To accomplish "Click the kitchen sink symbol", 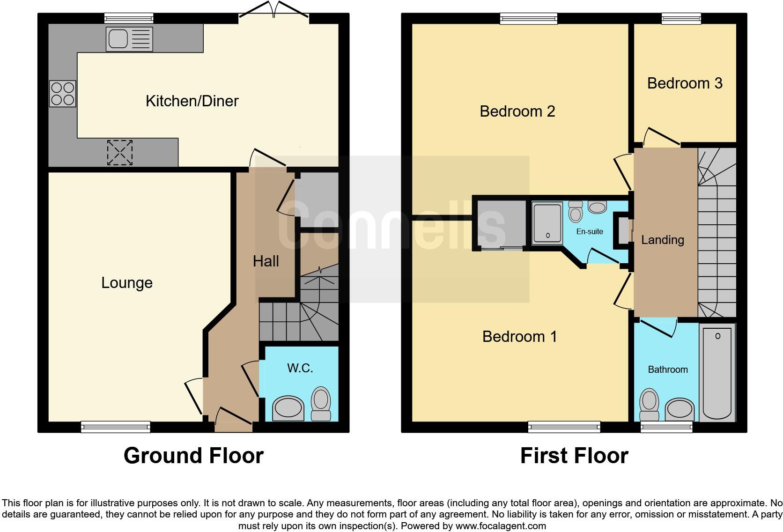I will tap(129, 38).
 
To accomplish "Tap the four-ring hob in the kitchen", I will tap(63, 94).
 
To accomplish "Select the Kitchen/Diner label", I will tap(192, 101).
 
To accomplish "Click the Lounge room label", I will tap(127, 283).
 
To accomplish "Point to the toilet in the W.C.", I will tap(321, 403).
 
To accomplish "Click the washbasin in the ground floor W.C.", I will tap(288, 407).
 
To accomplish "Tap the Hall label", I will tap(266, 261).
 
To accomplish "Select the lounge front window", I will tap(116, 427).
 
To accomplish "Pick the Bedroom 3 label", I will tap(685, 83).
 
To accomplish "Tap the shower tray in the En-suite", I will tap(547, 223).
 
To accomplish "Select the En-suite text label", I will tap(590, 231).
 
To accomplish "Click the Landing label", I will tap(662, 240).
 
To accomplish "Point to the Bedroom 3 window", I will tap(681, 18).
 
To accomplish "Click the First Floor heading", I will tap(574, 455).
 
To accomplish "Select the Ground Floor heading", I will tap(193, 455).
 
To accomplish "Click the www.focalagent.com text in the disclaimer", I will tap(501, 526).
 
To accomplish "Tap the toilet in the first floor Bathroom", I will tap(649, 404).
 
